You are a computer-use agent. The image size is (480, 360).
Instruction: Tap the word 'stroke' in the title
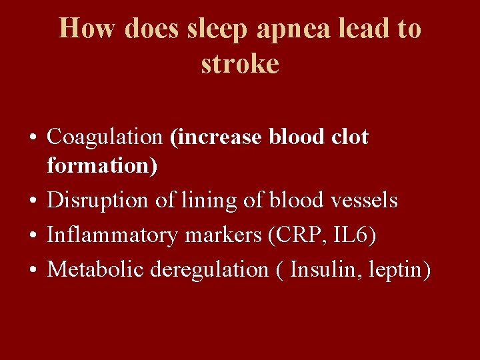click(x=240, y=64)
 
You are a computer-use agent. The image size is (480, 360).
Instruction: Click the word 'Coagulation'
click(x=105, y=137)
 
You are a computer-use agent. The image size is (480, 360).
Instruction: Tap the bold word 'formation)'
click(x=102, y=166)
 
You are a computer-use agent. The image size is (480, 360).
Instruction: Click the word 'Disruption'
click(x=100, y=200)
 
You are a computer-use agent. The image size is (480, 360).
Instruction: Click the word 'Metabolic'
click(x=96, y=269)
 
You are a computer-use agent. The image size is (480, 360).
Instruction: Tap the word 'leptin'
click(x=398, y=269)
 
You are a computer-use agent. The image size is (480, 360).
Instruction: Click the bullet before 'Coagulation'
click(x=33, y=138)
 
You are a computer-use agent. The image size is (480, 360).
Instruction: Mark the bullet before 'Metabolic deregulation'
click(x=33, y=270)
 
